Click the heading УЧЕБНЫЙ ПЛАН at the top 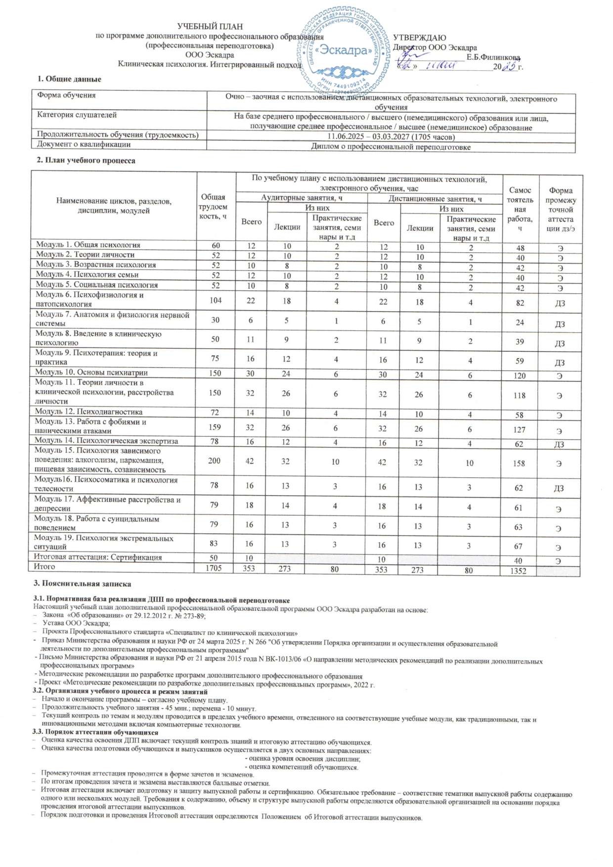coord(210,26)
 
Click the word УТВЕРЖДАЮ coord(420,38)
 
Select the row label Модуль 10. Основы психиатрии coord(91,372)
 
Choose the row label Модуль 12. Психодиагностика coord(88,411)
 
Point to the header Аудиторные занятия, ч coord(302,198)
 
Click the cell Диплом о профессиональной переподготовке coord(391,147)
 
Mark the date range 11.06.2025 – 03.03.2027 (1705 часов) coord(391,137)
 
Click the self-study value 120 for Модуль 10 coord(519,375)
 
